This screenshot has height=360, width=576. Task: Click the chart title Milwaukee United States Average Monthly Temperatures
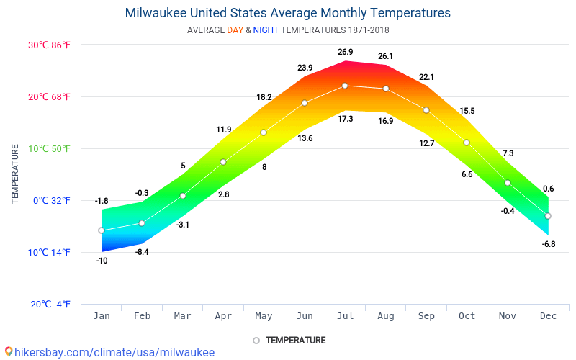pos(287,13)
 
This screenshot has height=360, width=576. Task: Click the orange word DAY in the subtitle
pos(235,30)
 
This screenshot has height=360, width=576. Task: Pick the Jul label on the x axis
pos(345,316)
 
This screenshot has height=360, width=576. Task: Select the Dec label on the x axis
pos(548,316)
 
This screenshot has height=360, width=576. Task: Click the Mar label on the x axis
pos(182,316)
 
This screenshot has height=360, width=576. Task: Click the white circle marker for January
pos(102,230)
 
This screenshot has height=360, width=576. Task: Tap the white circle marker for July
pos(345,86)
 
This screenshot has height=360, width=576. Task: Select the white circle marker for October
pos(467,143)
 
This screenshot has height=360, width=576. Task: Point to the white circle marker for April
pos(223,162)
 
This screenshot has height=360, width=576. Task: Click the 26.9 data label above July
pos(345,52)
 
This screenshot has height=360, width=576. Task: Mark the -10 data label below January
pos(102,261)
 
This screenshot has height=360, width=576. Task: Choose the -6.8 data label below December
pos(548,244)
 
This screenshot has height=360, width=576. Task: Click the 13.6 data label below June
pos(305,138)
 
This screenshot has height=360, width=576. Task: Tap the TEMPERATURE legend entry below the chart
pos(295,341)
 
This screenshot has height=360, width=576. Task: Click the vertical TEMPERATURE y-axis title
pos(15,174)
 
